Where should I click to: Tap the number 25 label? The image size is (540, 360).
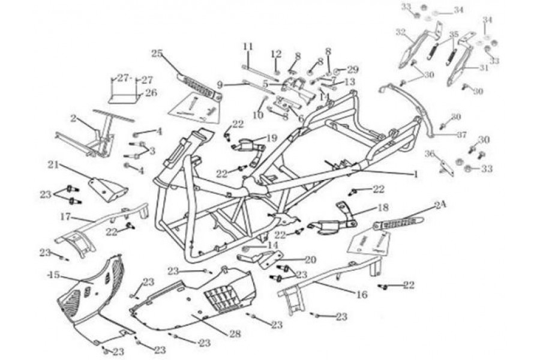(x=157, y=54)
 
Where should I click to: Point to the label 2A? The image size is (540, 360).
(x=440, y=205)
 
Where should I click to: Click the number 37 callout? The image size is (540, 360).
(x=461, y=135)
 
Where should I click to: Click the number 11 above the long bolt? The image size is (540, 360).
(x=248, y=46)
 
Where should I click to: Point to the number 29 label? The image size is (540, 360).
(x=353, y=70)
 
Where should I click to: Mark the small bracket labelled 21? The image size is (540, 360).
(x=108, y=188)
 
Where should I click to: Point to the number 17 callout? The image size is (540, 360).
(x=65, y=216)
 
